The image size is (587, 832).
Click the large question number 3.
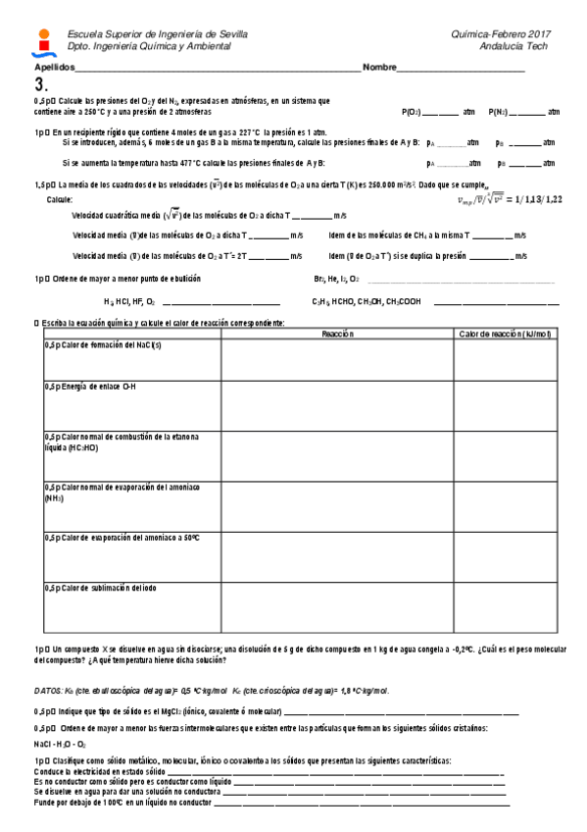click(40, 84)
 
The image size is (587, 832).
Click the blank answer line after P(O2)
click(442, 113)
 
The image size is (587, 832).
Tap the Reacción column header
click(337, 335)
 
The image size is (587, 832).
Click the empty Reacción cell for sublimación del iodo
click(337, 605)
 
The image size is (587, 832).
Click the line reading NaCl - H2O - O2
click(60, 744)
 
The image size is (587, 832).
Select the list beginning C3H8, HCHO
click(366, 302)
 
